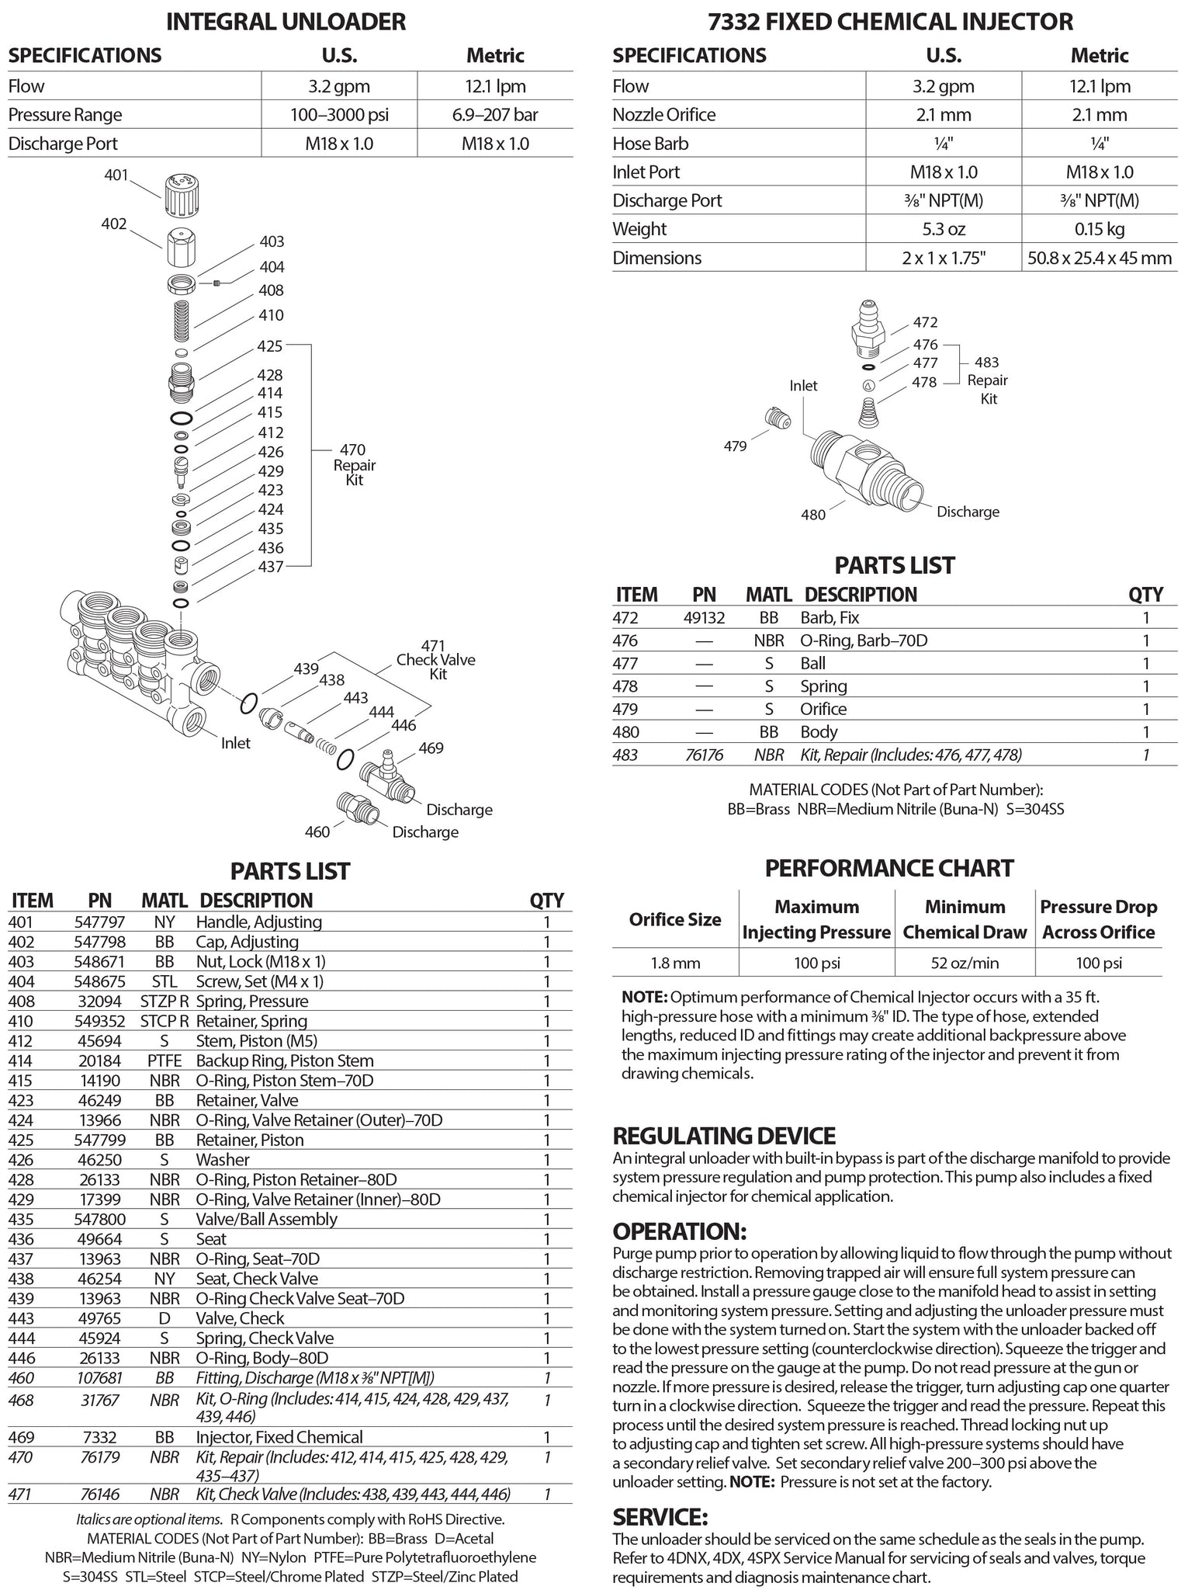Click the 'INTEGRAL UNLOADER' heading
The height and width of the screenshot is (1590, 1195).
pos(286,21)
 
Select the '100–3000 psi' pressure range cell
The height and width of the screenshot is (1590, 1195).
pos(338,115)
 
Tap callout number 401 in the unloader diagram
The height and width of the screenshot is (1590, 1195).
pos(116,175)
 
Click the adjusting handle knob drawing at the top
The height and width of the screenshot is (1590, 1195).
pos(180,196)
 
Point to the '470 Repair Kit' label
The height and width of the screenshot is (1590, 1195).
pos(354,464)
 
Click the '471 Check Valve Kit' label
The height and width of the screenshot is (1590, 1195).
pos(436,660)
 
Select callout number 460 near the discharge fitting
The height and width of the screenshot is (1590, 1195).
pos(317,831)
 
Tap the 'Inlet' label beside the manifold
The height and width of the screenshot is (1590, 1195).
pos(235,743)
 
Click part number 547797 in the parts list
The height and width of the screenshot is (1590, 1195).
pos(100,922)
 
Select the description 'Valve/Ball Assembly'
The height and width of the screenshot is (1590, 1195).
pos(266,1220)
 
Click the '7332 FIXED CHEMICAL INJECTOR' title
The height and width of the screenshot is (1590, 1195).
pos(890,21)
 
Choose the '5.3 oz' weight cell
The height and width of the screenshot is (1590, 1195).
pos(944,229)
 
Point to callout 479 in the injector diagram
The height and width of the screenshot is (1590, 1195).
pos(735,446)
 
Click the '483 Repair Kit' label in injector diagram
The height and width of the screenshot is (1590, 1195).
pos(987,380)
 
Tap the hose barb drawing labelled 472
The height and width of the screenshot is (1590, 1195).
pos(868,326)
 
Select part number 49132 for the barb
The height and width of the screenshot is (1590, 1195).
pos(704,618)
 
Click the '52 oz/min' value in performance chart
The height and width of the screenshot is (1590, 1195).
pos(965,963)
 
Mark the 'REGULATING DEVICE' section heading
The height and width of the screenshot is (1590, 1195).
pos(724,1136)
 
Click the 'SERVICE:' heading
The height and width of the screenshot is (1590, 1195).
pos(660,1517)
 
